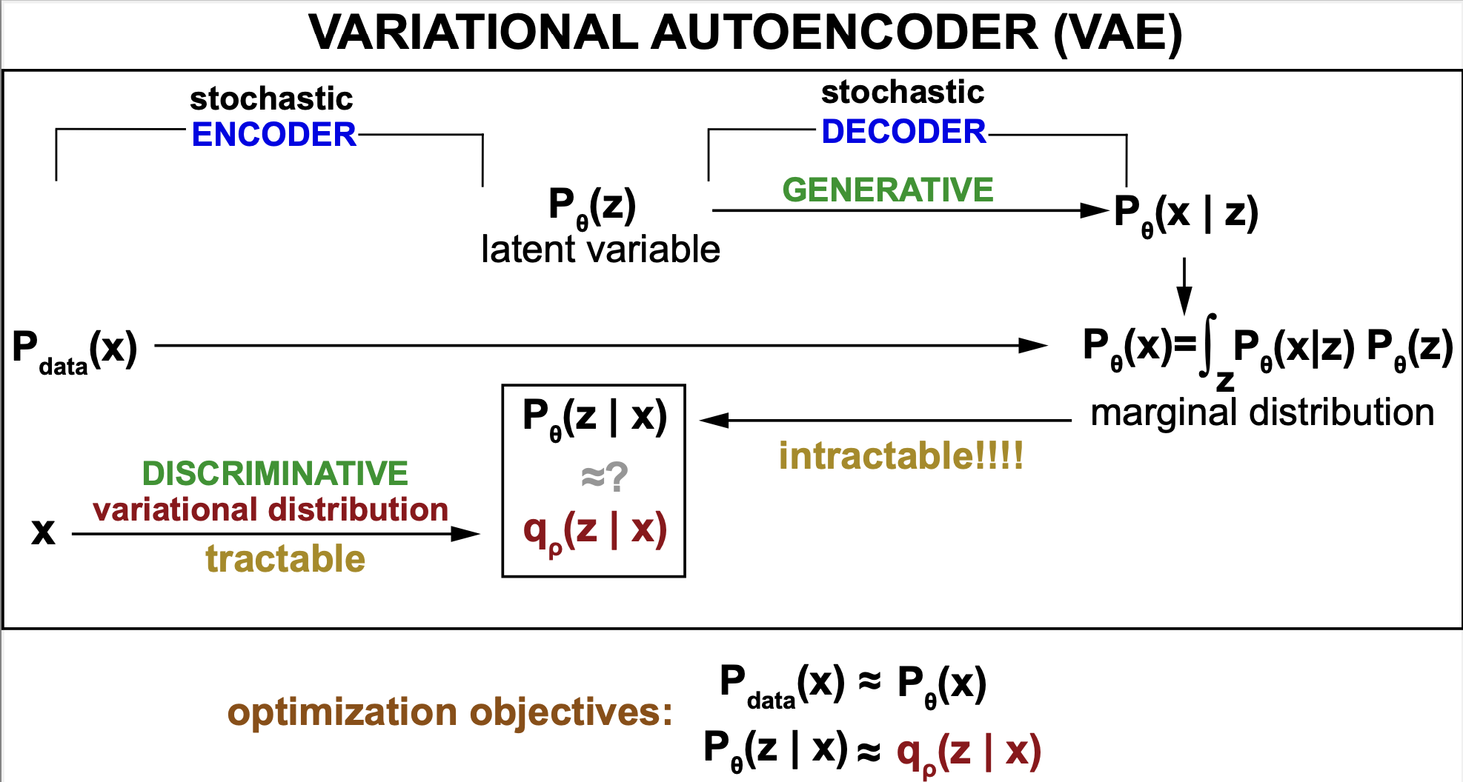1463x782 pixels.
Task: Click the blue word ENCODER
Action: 273,135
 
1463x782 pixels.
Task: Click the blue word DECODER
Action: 903,132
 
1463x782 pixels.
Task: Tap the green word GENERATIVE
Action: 887,190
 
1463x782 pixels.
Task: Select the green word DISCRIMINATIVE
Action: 275,473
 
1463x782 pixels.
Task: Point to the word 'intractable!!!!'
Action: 900,455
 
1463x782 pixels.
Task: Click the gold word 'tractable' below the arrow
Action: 285,558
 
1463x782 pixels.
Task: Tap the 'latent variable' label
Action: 600,250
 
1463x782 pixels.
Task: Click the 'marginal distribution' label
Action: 1262,412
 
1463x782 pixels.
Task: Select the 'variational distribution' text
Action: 271,509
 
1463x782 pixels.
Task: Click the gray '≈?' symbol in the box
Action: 604,476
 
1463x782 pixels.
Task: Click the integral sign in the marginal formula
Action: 1209,344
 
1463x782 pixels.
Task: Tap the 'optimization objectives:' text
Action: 449,712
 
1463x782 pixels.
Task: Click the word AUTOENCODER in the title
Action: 844,33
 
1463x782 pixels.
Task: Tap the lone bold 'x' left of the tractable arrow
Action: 43,532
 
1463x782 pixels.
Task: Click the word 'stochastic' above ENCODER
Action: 271,98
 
